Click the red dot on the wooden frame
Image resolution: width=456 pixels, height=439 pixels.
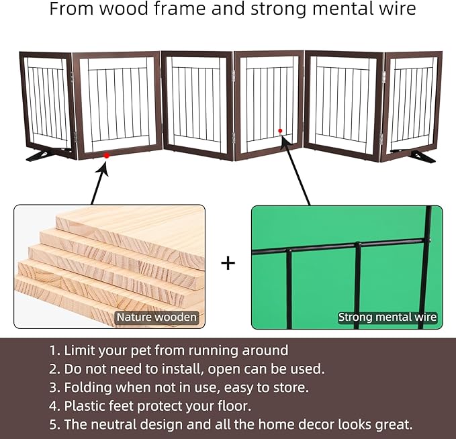[x=107, y=156]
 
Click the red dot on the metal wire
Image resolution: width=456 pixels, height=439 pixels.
[x=280, y=131]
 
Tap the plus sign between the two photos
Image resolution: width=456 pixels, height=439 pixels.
[x=228, y=263]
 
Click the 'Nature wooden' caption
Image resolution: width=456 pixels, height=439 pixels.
[x=156, y=317]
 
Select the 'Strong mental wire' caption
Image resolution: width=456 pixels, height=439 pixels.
[x=387, y=317]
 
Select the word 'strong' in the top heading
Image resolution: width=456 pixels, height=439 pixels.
[x=279, y=9]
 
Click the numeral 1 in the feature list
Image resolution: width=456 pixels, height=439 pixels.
[x=52, y=350]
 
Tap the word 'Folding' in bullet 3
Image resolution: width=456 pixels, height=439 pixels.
[x=88, y=388]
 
